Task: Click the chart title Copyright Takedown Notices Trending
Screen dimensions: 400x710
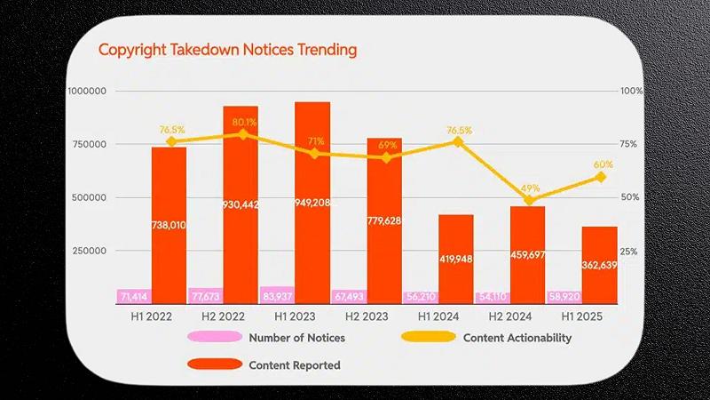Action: point(227,50)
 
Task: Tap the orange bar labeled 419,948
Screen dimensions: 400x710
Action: point(455,253)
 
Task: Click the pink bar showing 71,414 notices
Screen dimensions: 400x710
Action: point(133,296)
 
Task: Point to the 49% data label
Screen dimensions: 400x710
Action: point(530,188)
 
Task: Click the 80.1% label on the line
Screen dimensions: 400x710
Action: point(242,123)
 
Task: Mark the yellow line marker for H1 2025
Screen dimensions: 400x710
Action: point(600,177)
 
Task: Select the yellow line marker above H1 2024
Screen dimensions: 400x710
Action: point(458,141)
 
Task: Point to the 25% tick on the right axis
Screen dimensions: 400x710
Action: point(629,252)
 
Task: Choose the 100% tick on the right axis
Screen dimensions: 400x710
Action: point(631,91)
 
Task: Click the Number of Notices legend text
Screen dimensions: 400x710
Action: point(296,338)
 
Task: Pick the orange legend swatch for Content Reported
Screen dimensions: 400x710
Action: point(214,364)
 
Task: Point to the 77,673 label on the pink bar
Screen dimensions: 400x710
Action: point(205,296)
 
